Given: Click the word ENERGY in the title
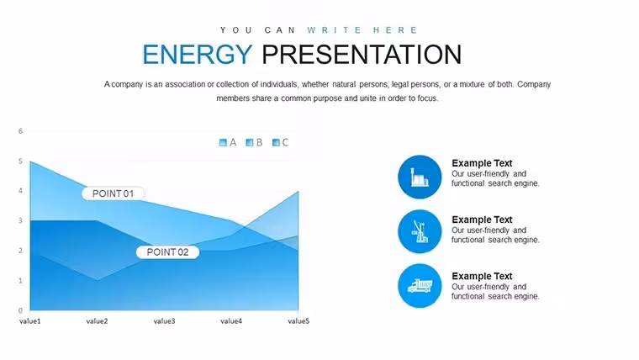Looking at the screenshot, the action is [198, 54].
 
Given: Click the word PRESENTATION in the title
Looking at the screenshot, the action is [362, 54].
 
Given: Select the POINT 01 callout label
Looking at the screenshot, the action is [114, 193].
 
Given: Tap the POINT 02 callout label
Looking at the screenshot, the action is [167, 252].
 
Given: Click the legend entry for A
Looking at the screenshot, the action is [228, 142].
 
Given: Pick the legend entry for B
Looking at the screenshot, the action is [254, 142].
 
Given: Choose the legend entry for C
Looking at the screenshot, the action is [280, 142].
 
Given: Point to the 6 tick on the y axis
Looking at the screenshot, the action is [20, 131].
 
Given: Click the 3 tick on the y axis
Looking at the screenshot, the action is [20, 220].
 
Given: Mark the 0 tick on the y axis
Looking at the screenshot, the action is [20, 310].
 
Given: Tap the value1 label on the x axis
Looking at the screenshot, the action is [30, 321].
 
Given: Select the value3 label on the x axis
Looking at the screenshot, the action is [164, 321].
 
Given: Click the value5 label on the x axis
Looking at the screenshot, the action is [298, 321].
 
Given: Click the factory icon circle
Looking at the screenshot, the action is [420, 177].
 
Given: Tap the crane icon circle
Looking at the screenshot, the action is [420, 231].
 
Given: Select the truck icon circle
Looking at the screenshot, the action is [420, 286].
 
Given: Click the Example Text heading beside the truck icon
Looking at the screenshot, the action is [482, 276].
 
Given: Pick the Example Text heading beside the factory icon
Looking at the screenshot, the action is [482, 163].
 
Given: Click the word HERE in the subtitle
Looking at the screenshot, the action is [395, 30].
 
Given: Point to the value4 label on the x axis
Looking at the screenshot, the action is [231, 321].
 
